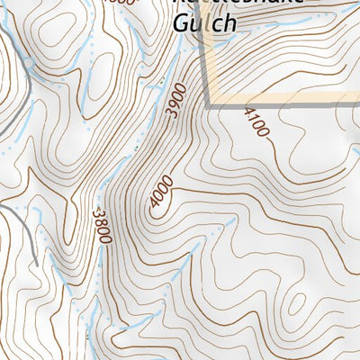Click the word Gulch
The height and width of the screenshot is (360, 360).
tap(203, 23)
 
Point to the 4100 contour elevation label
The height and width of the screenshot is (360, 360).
tap(256, 121)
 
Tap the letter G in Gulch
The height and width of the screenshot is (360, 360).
tap(180, 22)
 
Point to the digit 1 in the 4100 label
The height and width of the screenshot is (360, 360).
tap(253, 115)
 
